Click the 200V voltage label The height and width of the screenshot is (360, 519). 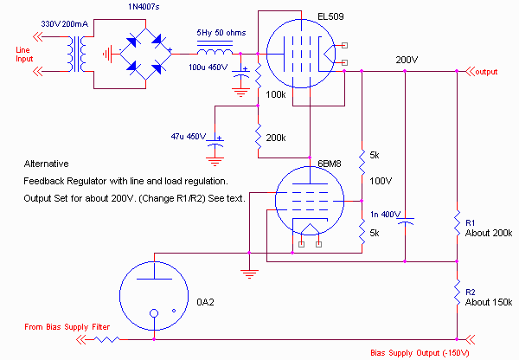(x=407, y=60)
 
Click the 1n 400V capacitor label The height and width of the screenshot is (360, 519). (x=385, y=214)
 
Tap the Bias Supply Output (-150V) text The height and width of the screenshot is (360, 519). (x=419, y=353)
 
